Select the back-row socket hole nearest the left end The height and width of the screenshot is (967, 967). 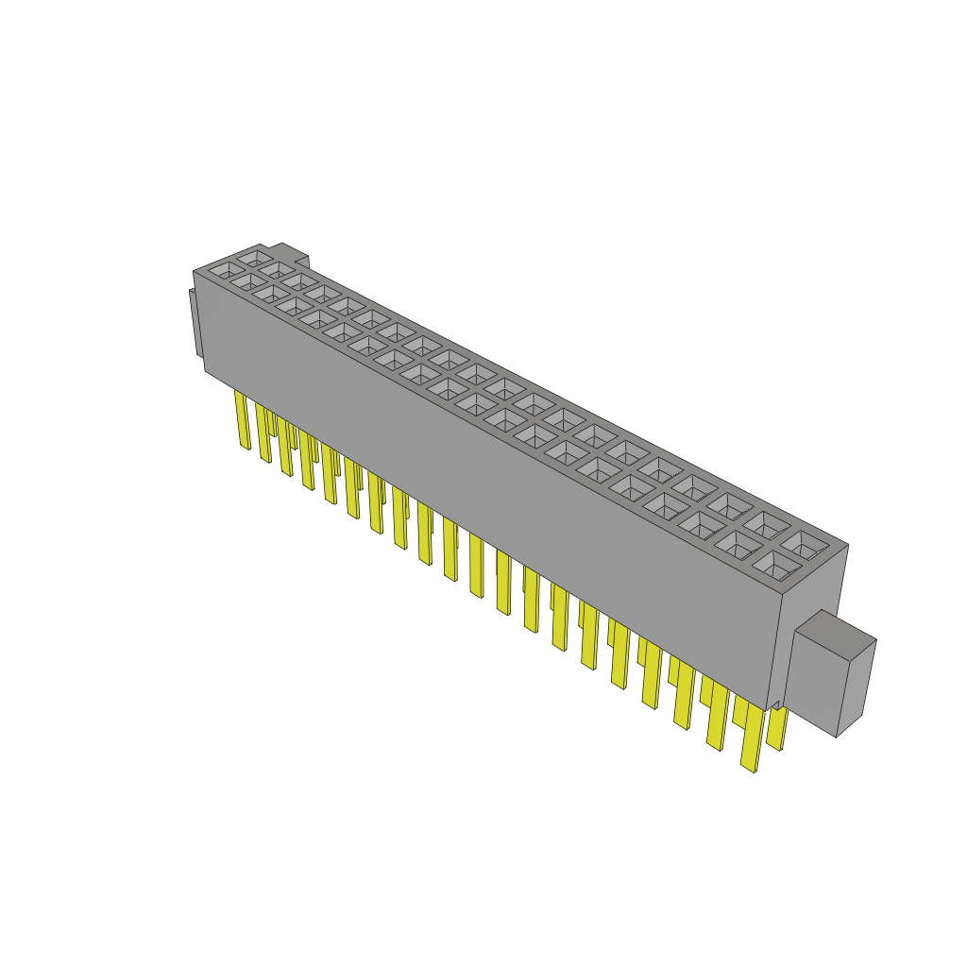[253, 257]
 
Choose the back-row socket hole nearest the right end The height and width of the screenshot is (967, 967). [804, 545]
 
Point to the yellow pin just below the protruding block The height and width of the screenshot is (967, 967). [777, 727]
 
